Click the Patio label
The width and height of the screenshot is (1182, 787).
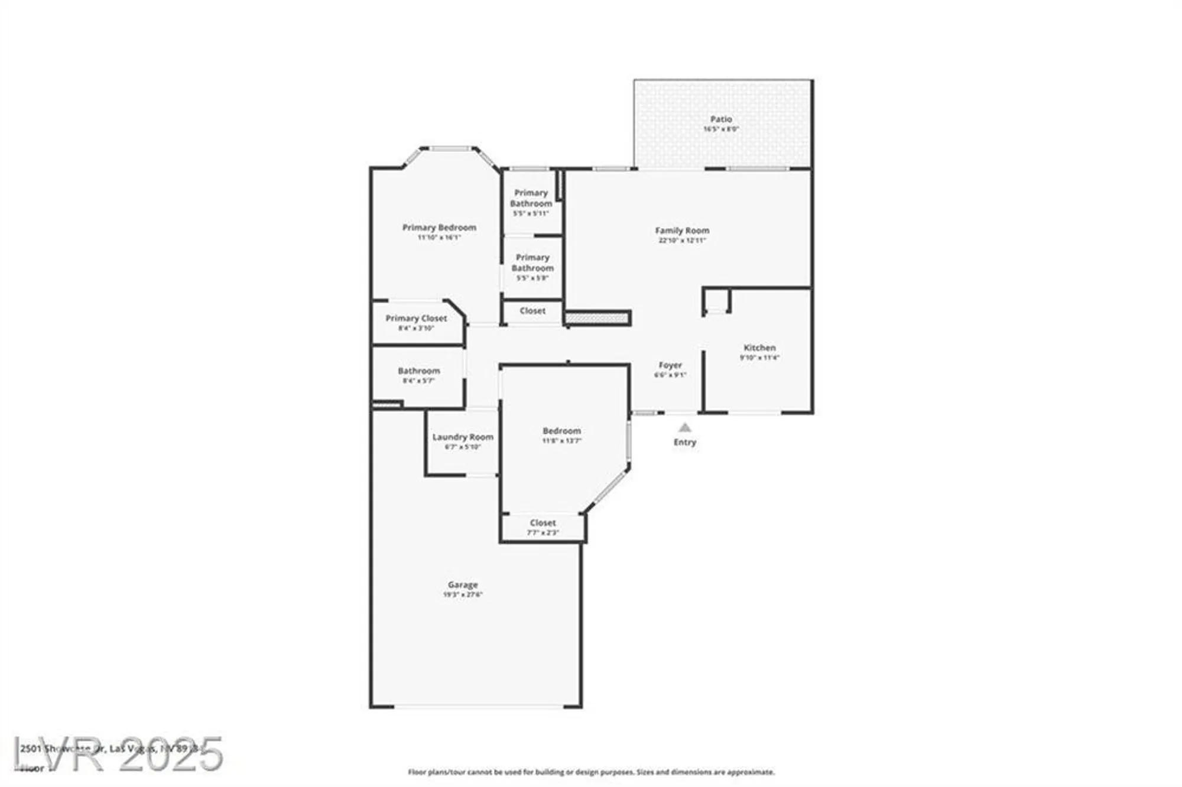click(721, 119)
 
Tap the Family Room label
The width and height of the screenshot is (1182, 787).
click(682, 230)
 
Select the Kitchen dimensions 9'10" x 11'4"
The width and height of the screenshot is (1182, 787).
click(759, 357)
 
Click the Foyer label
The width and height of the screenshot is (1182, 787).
click(670, 365)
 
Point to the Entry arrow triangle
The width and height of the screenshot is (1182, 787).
click(684, 427)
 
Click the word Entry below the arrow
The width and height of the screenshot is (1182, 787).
click(684, 442)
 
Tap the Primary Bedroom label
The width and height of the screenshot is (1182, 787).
click(439, 227)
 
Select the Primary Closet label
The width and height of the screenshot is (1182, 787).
click(416, 318)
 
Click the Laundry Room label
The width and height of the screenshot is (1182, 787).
click(463, 437)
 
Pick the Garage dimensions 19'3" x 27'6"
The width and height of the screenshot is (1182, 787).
click(463, 594)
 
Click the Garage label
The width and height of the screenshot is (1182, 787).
click(463, 584)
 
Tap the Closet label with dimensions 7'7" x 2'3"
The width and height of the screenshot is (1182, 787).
click(543, 523)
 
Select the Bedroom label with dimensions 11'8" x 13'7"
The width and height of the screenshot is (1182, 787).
click(561, 431)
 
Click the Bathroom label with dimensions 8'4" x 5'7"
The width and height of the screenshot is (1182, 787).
click(418, 371)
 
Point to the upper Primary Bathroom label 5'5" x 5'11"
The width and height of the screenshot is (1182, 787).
click(531, 198)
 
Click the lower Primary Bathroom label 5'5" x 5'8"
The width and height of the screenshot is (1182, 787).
click(532, 262)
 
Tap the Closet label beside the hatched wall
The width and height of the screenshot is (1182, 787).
click(532, 311)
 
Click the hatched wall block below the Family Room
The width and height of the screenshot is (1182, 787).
click(597, 318)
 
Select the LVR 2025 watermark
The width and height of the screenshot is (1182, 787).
click(118, 754)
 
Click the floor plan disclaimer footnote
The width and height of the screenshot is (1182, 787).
click(591, 772)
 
